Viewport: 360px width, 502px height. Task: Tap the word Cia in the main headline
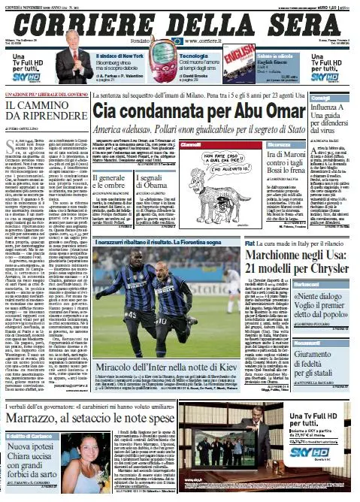click(110, 110)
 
